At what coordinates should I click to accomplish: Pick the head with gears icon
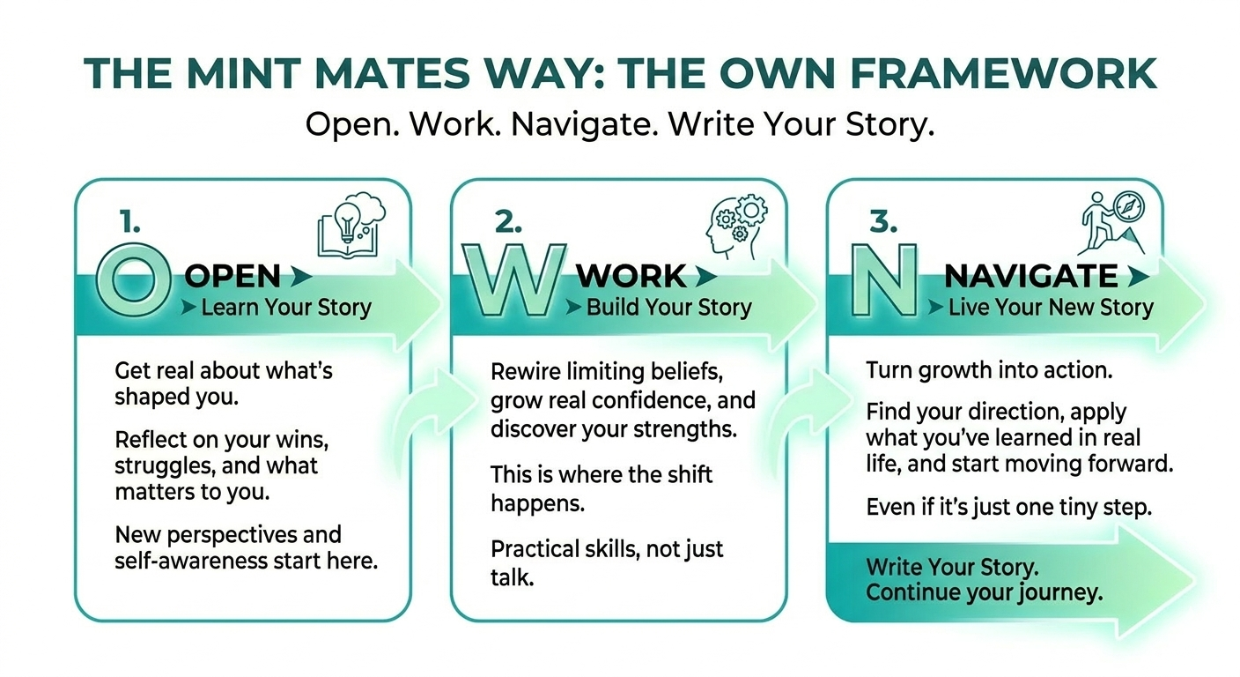(x=731, y=224)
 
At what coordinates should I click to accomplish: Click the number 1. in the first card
(x=129, y=223)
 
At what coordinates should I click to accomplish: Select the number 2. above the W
(x=508, y=223)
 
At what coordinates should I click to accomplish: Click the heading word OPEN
(x=232, y=277)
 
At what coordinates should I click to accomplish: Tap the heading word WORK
(x=631, y=277)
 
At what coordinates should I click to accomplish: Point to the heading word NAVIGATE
(x=1030, y=277)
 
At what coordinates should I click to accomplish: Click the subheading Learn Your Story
(x=286, y=308)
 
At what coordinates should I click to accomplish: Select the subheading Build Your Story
(x=668, y=308)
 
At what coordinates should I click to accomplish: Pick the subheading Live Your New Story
(x=1050, y=308)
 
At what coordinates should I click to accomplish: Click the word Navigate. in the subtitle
(x=585, y=124)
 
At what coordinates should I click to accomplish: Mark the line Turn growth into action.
(x=989, y=370)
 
